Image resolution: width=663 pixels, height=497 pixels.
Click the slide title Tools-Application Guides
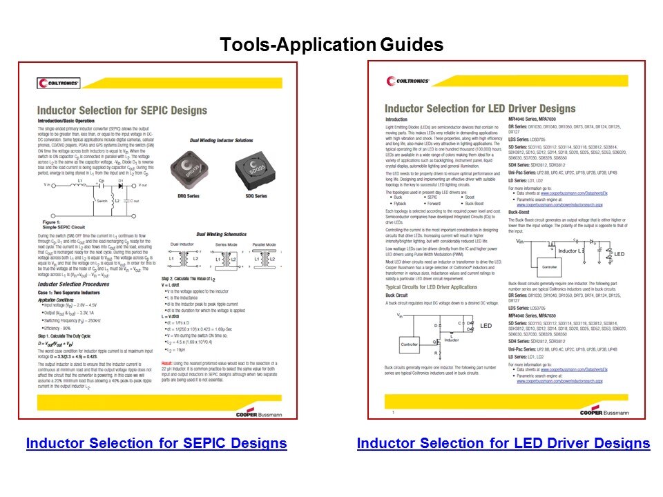[x=331, y=46]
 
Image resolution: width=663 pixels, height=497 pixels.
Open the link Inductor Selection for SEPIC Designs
[x=156, y=443]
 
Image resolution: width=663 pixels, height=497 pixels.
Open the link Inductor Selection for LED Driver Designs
[x=503, y=443]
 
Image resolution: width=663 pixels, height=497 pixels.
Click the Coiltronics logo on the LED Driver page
[x=407, y=81]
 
